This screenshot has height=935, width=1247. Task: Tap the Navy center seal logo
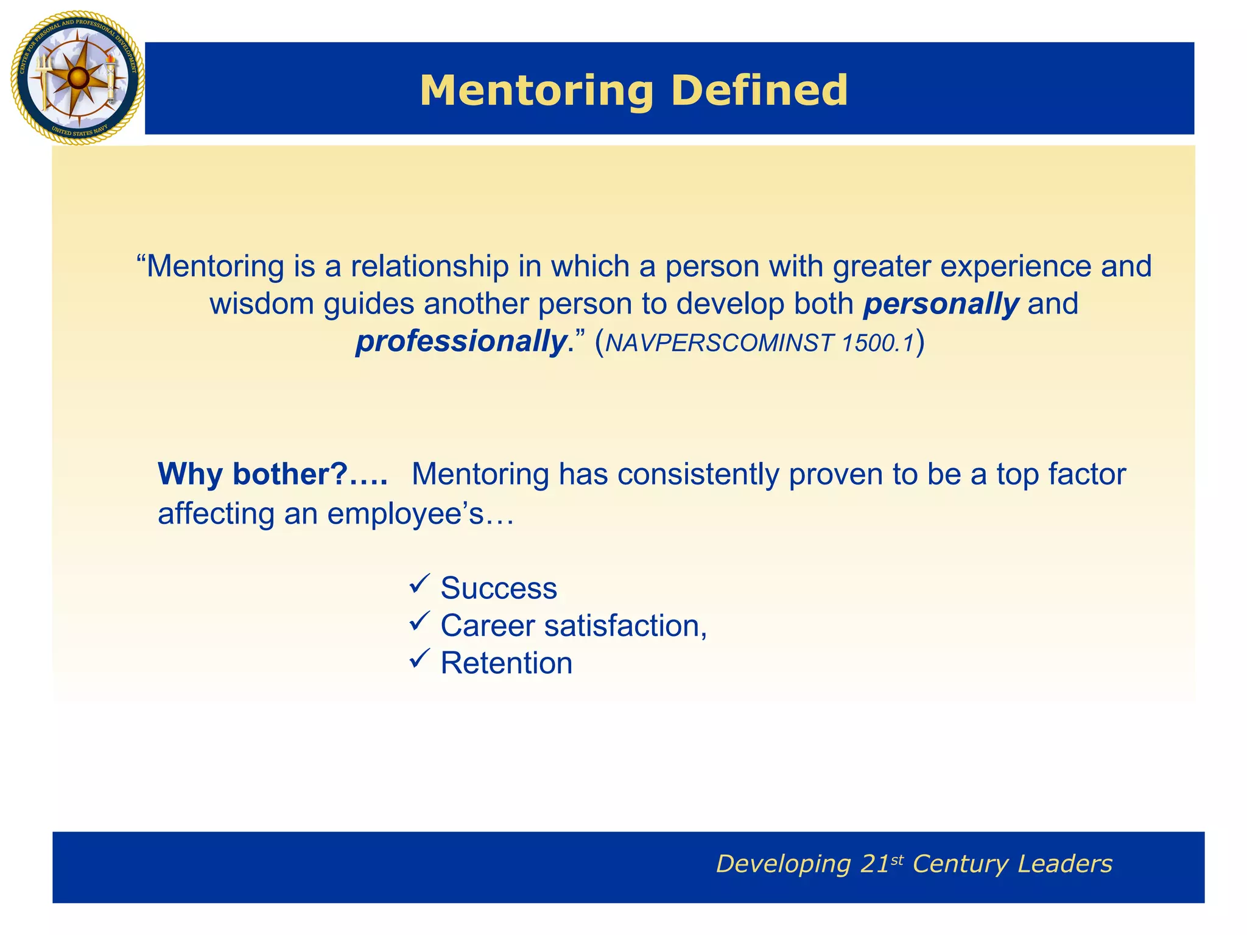click(x=77, y=78)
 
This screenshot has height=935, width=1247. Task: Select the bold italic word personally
click(x=941, y=304)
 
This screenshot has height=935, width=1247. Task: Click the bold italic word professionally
click(x=461, y=341)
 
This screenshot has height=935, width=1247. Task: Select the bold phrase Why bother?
click(x=253, y=474)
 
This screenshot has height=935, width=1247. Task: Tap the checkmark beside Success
click(x=420, y=584)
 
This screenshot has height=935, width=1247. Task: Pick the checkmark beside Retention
click(x=420, y=659)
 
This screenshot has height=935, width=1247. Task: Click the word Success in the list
click(x=499, y=589)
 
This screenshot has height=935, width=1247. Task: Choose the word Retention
click(x=507, y=663)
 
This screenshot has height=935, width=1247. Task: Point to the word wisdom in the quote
click(x=262, y=304)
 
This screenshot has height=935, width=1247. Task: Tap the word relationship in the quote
click(x=429, y=267)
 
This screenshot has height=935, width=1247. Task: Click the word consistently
click(x=698, y=474)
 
